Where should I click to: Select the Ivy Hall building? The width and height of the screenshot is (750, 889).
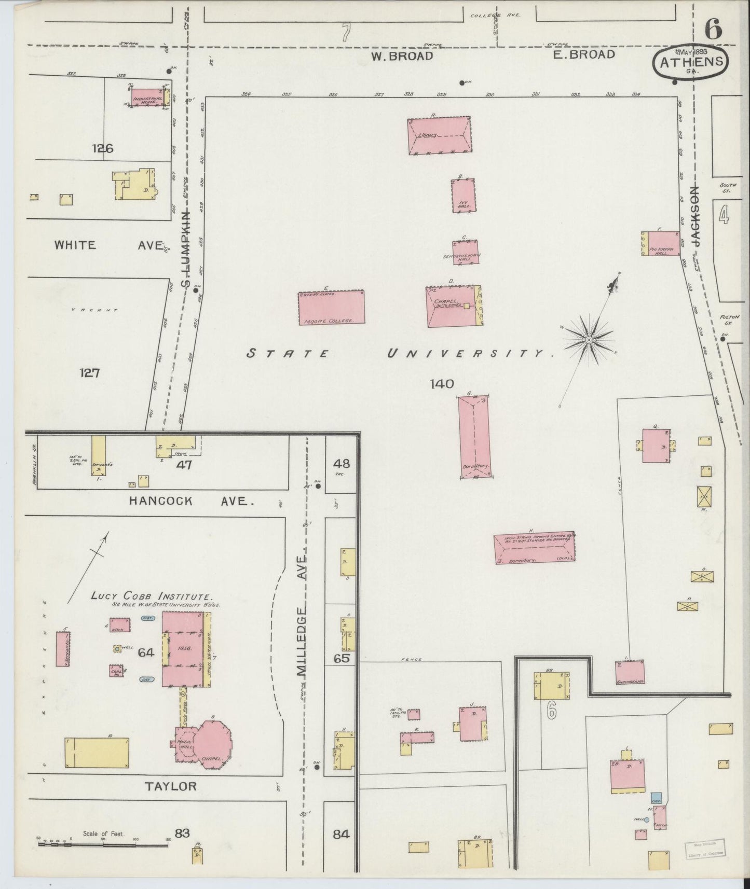[463, 196]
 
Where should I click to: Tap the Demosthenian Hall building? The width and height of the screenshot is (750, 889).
[465, 253]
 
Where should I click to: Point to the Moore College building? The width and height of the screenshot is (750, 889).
[331, 307]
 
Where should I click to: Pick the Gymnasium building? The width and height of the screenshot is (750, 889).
[630, 672]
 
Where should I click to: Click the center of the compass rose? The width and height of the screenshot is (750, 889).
[589, 340]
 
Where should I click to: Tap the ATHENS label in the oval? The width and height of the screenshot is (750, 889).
[691, 62]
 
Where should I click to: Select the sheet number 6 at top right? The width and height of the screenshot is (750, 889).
[713, 30]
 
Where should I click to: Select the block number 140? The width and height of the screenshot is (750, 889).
[442, 384]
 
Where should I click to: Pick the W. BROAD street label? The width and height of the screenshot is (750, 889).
[402, 56]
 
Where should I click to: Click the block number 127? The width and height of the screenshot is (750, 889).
[89, 372]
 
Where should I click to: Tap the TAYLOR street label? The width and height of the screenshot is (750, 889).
[171, 786]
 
